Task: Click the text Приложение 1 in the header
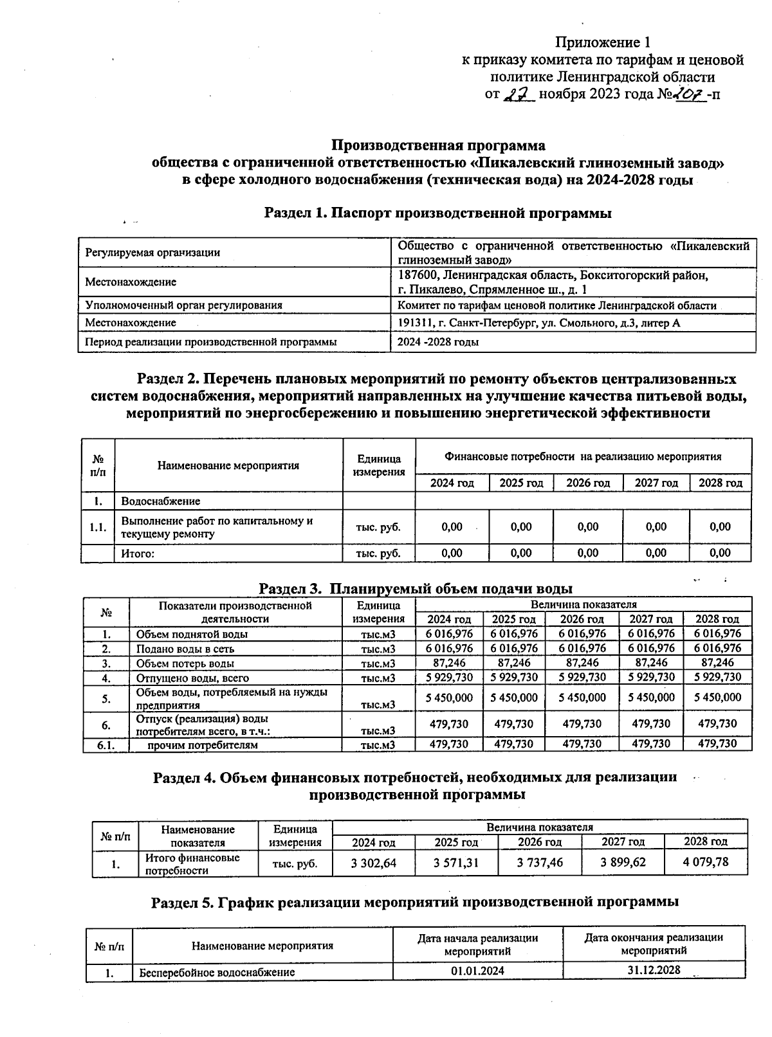[603, 43]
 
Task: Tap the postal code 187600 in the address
[418, 276]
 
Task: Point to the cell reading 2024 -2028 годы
[437, 343]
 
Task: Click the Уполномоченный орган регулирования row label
[184, 305]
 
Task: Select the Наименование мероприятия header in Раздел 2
[228, 465]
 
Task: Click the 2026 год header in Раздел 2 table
[588, 483]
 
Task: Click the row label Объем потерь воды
[185, 663]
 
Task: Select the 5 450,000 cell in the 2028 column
[717, 698]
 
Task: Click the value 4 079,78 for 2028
[706, 862]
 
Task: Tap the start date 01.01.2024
[477, 971]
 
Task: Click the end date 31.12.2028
[654, 970]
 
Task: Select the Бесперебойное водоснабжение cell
[217, 972]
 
